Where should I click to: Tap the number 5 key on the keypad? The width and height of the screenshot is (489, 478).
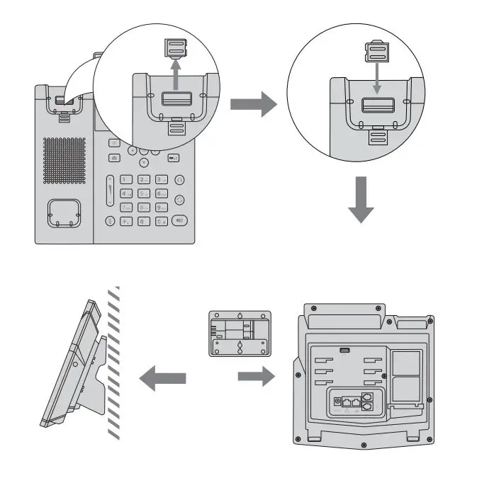144,193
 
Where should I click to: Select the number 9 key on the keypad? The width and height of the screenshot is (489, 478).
162,207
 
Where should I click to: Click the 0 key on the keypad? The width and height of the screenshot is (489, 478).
144,222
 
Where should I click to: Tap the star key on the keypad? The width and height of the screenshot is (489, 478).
127,222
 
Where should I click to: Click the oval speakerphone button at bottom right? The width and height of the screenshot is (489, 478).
180,220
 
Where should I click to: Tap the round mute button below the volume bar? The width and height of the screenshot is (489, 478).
110,221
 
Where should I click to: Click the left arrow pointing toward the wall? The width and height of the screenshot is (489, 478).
162,380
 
